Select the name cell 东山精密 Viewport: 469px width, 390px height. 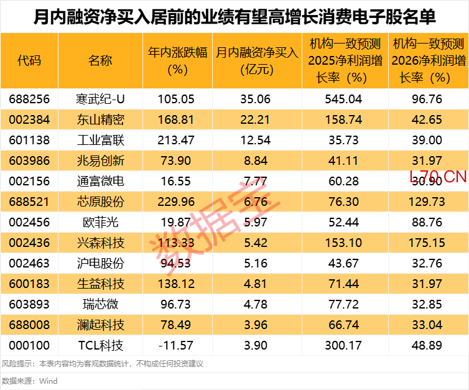pos(100,119)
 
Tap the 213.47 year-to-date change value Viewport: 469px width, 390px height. pos(177,140)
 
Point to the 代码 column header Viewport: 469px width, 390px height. pos(29,61)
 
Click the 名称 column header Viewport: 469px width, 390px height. pos(100,61)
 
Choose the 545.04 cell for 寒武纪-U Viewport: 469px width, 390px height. pos(345,99)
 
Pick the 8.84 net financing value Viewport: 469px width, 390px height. pos(257,160)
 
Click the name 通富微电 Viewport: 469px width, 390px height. pos(100,181)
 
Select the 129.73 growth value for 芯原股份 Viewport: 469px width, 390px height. pos(428,202)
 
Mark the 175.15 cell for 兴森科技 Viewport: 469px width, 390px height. pos(428,243)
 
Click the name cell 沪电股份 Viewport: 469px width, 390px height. pos(100,263)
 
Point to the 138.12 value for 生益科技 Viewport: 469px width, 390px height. pos(177,284)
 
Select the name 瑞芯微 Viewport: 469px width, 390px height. pos(100,304)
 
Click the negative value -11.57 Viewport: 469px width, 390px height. pos(177,345)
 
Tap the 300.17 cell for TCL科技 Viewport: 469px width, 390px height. pos(345,345)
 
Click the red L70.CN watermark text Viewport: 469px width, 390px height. pos(438,177)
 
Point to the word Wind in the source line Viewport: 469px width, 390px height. pos(48,381)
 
